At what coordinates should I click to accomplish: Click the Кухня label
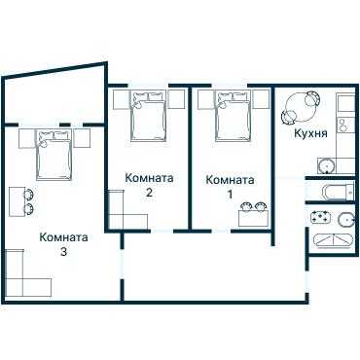309,134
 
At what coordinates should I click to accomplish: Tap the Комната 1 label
231,187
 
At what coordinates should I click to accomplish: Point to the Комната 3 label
63,243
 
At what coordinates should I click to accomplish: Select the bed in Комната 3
54,156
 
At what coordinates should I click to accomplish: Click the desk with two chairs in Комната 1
254,213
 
